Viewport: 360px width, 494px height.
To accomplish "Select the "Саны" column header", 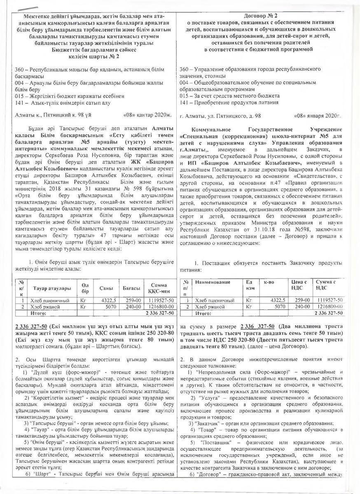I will click(x=106, y=288).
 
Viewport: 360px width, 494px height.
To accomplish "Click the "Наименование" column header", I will click(x=213, y=282).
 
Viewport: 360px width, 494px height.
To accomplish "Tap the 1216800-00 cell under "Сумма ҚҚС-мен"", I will click(x=162, y=307).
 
